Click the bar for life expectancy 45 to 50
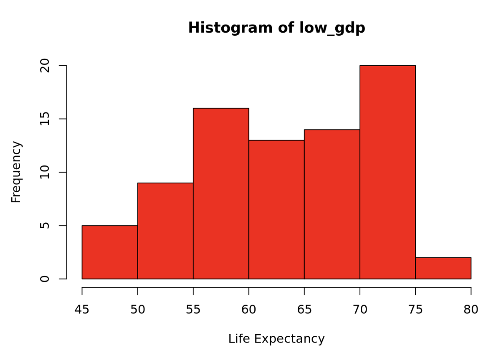coord(110,252)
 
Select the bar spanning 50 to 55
coord(165,231)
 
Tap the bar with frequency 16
coord(221,193)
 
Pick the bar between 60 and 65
coord(276,209)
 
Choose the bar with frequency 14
coord(332,204)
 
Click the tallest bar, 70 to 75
coord(388,172)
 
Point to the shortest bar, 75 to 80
coord(443,268)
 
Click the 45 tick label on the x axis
coord(82,310)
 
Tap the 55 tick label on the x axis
coord(193,310)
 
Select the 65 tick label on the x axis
coord(304,310)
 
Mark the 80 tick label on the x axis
coord(471,310)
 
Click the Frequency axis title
coord(16,172)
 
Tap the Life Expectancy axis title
coord(276,339)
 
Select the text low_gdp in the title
coord(332,28)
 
